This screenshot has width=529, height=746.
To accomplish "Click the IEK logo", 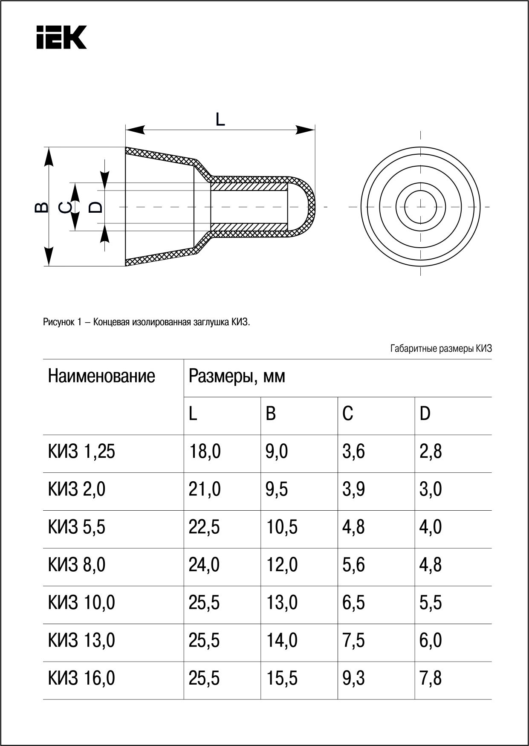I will click(x=61, y=37).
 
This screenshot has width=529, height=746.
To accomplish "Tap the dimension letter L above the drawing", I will click(x=220, y=119).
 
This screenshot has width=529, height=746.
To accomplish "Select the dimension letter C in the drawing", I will click(x=65, y=208).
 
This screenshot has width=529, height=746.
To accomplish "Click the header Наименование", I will click(x=101, y=376).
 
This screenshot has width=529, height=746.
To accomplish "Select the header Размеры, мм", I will click(x=237, y=376).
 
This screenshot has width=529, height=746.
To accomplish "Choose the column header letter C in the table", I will click(x=347, y=413).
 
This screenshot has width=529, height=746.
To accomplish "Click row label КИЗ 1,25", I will click(x=81, y=451).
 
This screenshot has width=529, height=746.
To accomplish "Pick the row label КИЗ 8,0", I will click(x=77, y=565).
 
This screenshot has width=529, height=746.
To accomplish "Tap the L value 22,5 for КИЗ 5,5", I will click(x=204, y=527).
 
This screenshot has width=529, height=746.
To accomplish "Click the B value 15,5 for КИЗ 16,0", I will click(x=281, y=678).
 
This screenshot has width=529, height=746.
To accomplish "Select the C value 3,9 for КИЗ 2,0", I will click(x=353, y=489).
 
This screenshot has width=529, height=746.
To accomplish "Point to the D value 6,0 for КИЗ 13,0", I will click(x=431, y=640).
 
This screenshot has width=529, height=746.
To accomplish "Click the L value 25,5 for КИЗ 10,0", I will click(x=204, y=603).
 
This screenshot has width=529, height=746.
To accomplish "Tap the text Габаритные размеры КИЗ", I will click(x=441, y=349).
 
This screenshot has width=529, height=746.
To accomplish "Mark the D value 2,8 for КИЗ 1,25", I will click(x=431, y=451).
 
